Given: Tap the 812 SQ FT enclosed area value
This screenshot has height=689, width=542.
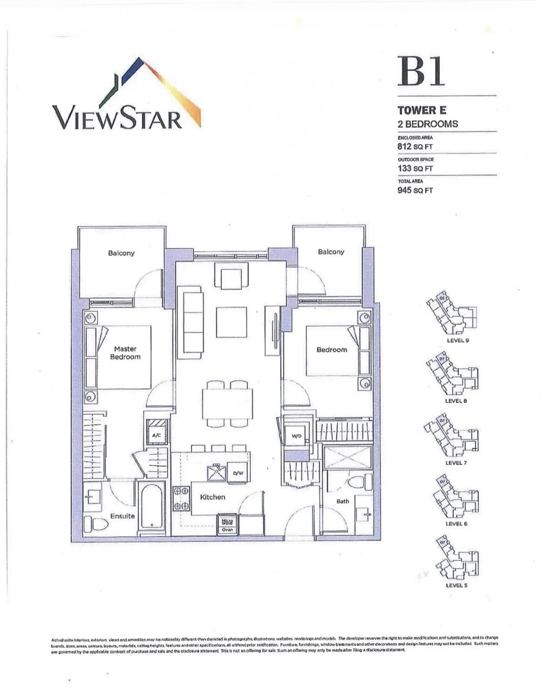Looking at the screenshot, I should coord(415,147).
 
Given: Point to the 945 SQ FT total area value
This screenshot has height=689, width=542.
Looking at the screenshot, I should coord(415,190).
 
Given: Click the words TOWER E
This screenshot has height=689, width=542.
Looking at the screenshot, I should coord(422,110).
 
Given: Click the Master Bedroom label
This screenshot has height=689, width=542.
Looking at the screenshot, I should coord(125,353).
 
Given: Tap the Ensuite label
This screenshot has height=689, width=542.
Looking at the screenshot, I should coord(123,516).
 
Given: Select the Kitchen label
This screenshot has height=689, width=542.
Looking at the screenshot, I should coord(212,497).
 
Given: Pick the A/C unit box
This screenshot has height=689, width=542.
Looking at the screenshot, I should coord(156,435).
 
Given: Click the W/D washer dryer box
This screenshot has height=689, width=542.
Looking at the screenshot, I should coord(296,436).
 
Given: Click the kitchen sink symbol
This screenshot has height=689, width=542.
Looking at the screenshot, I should coord(217,473).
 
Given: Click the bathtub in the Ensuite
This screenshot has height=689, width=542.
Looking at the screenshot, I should coord(151,507).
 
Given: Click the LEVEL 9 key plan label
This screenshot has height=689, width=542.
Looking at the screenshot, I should coord(458,341).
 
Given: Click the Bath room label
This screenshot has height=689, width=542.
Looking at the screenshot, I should coord(342,501).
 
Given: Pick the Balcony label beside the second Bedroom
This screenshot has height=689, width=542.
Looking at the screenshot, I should coord(331,252).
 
